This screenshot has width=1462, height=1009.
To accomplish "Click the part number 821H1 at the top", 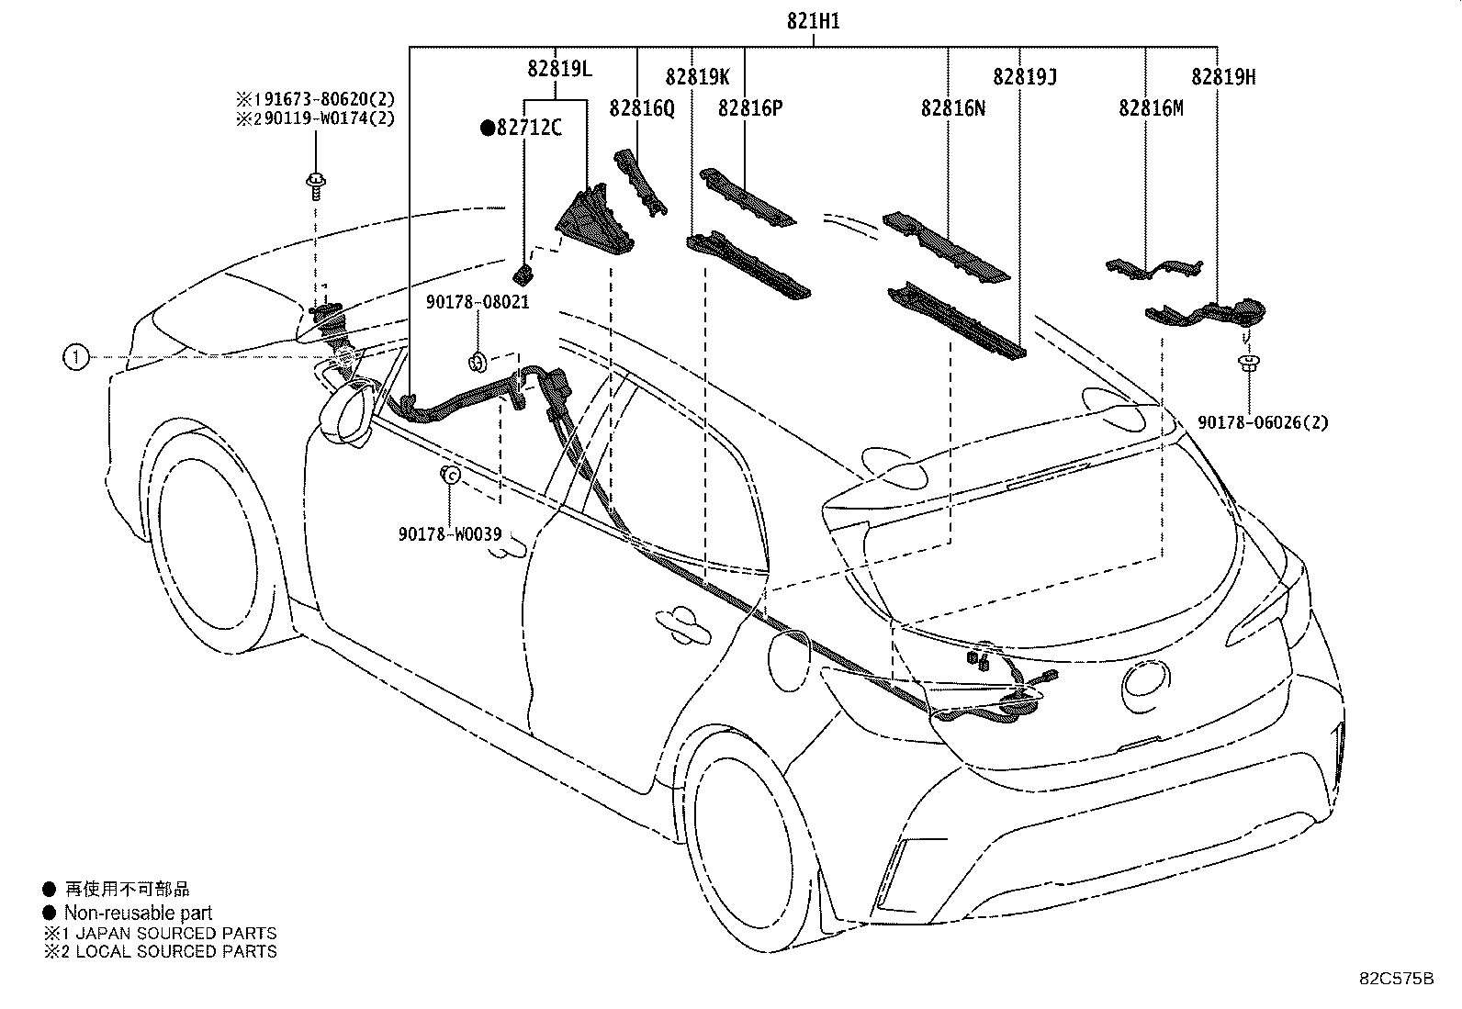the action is [813, 21].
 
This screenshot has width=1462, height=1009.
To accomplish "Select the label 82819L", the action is [559, 69].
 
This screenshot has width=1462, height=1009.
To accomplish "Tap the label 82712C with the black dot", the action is [521, 128].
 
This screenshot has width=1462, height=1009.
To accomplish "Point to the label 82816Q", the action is [642, 108].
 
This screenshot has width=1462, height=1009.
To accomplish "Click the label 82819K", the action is [697, 77].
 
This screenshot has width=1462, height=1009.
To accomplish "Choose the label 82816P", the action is [750, 108].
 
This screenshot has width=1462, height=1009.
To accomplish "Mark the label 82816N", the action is [953, 108].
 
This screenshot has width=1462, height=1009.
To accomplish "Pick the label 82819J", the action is [1025, 77].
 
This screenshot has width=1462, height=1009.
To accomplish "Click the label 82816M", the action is [1151, 108].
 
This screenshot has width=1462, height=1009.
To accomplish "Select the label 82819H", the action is [1223, 77].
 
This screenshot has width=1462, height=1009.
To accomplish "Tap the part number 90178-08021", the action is [478, 302].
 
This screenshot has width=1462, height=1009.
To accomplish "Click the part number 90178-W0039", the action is [450, 534].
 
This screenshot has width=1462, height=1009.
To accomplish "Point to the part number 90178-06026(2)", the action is [1263, 422].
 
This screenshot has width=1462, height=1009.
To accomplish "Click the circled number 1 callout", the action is [75, 357].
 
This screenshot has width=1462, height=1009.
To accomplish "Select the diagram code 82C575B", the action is [1396, 979].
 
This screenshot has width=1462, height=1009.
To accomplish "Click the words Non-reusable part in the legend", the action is [139, 913].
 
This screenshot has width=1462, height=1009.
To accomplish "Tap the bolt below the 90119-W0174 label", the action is [316, 186].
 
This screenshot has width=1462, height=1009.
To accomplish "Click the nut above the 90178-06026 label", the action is [1249, 363].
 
